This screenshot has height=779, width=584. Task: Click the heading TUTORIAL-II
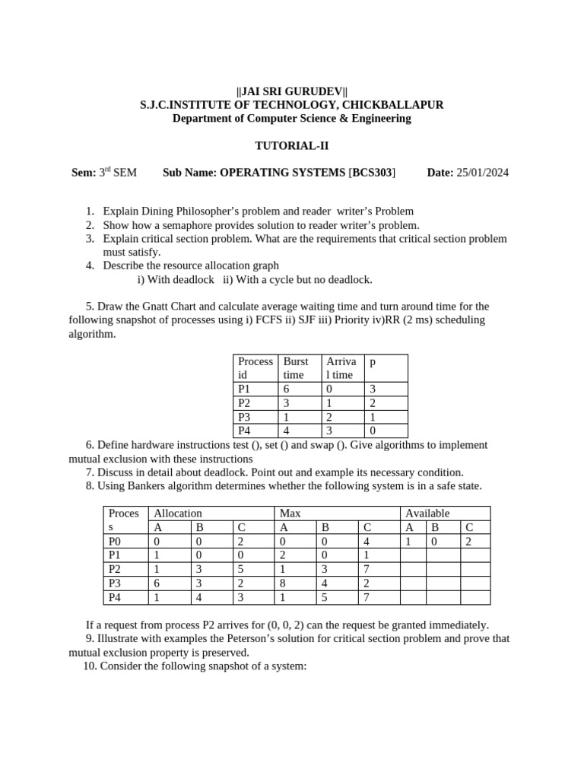(291, 145)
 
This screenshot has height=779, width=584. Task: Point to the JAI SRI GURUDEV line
(291, 91)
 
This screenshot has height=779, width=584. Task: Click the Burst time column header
(296, 368)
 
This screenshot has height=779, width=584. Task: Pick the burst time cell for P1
(287, 389)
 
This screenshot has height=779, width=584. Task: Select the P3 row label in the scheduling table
(244, 417)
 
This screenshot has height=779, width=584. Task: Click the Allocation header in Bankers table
(178, 514)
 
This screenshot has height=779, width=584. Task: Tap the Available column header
(427, 514)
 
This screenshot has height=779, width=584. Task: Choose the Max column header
(290, 514)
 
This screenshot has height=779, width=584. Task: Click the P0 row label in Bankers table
(115, 542)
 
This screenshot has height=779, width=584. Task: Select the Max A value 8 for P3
(284, 583)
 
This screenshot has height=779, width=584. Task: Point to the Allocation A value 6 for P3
(157, 583)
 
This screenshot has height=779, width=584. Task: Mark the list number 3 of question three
(89, 239)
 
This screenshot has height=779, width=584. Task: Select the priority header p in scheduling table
(373, 362)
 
